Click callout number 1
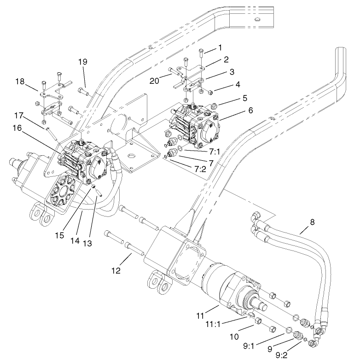coord(220,48)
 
